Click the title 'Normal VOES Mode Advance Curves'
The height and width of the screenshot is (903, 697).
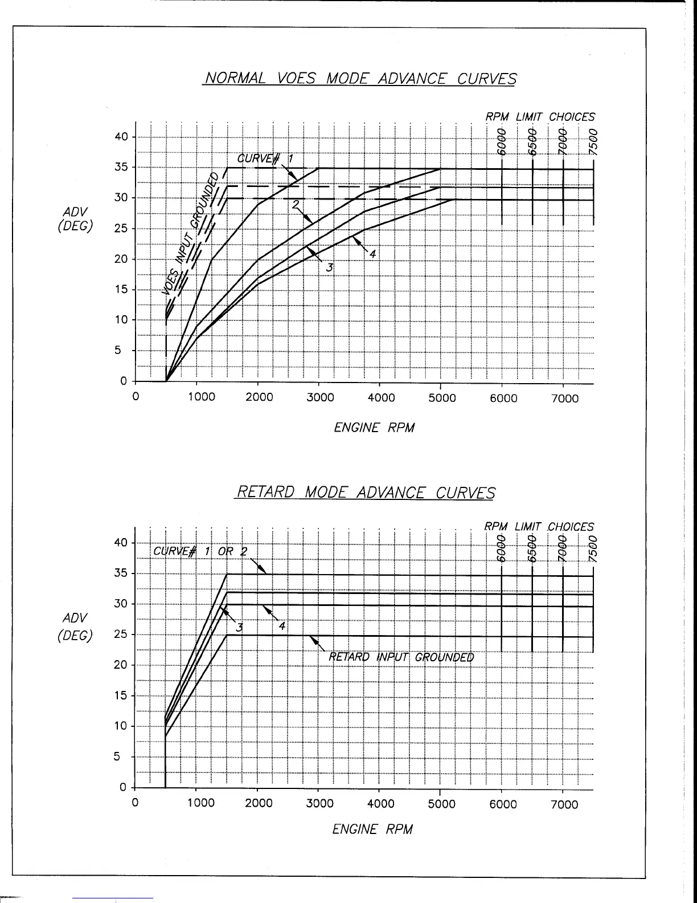(360, 78)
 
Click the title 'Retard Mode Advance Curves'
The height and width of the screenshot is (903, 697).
(364, 492)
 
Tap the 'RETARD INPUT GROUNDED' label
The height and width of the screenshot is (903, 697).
(401, 657)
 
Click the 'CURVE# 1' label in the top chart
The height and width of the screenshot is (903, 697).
(265, 158)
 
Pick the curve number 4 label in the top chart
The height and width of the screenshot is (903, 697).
(372, 254)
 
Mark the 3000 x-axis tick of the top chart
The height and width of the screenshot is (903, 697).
(320, 398)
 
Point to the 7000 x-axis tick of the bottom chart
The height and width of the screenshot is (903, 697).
(564, 804)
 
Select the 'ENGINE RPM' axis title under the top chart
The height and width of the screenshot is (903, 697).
(374, 428)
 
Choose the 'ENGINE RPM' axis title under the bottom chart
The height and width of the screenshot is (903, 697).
(372, 829)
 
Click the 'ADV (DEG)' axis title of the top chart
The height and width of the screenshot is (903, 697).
(75, 218)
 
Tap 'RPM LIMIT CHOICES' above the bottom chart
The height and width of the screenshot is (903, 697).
(539, 527)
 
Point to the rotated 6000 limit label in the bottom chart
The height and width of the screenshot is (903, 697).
(502, 549)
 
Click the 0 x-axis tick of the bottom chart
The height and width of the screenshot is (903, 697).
(135, 804)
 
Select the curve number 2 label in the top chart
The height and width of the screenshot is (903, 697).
(296, 205)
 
